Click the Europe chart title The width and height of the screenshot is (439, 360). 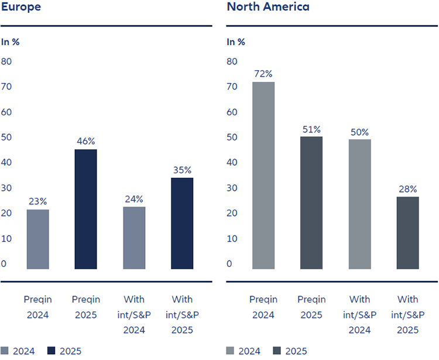pyautogui.click(x=20, y=8)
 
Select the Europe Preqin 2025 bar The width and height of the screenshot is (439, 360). pyautogui.click(x=86, y=209)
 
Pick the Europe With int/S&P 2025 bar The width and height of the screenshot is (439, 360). pyautogui.click(x=182, y=224)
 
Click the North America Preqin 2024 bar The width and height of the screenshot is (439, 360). pyautogui.click(x=263, y=176)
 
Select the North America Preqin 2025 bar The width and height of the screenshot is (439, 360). pyautogui.click(x=311, y=203)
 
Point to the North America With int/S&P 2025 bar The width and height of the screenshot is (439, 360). pyautogui.click(x=407, y=233)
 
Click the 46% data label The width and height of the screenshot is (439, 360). pyautogui.click(x=86, y=141)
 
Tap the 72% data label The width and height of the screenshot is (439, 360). pyautogui.click(x=263, y=74)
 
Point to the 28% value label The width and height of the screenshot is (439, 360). pyautogui.click(x=407, y=188)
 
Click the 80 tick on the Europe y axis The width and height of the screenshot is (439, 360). pyautogui.click(x=6, y=61)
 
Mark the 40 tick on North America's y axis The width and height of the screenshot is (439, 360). pyautogui.click(x=232, y=163)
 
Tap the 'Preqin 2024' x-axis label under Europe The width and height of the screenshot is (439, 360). pyautogui.click(x=38, y=307)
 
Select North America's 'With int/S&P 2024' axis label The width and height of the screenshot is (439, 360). pyautogui.click(x=359, y=314)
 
